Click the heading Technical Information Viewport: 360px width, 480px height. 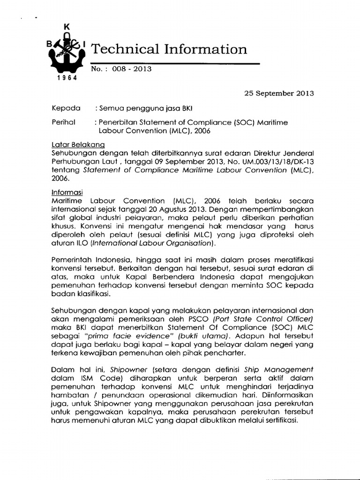point(168,49)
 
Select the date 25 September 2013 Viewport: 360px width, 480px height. point(279,93)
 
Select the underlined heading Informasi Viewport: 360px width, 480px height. point(67,192)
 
